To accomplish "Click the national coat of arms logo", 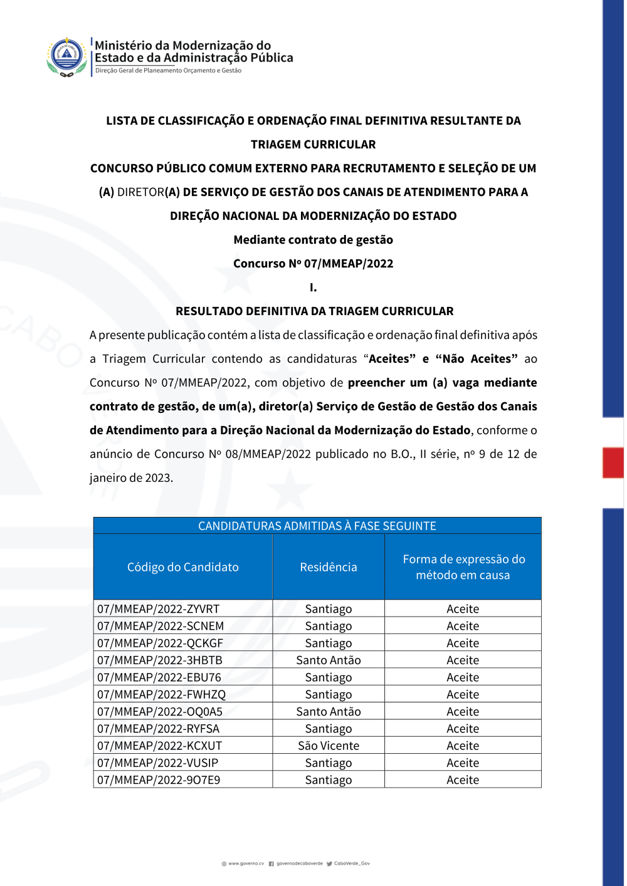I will point(66,56).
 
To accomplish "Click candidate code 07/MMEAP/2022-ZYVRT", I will point(158,609).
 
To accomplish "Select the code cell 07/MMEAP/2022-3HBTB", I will point(159,660).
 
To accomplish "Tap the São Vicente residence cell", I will point(329,746).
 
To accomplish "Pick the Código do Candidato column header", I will point(183,567).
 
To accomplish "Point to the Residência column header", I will point(329,567).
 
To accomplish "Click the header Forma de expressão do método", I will point(463,567).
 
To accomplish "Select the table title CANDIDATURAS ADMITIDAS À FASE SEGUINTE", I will point(317,526).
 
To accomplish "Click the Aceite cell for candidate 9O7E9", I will point(463,780).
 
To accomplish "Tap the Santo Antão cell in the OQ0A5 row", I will point(329,712).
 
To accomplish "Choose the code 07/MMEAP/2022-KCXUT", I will point(159,746).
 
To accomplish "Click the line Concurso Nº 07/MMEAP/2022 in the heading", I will point(313,264).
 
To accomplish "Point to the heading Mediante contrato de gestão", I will point(313,240).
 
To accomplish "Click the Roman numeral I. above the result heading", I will point(313,288).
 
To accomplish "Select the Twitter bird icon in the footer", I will point(329,863).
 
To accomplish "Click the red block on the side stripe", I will point(613,462).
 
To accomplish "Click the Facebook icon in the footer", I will point(271,863).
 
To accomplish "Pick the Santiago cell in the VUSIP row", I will point(329,763).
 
